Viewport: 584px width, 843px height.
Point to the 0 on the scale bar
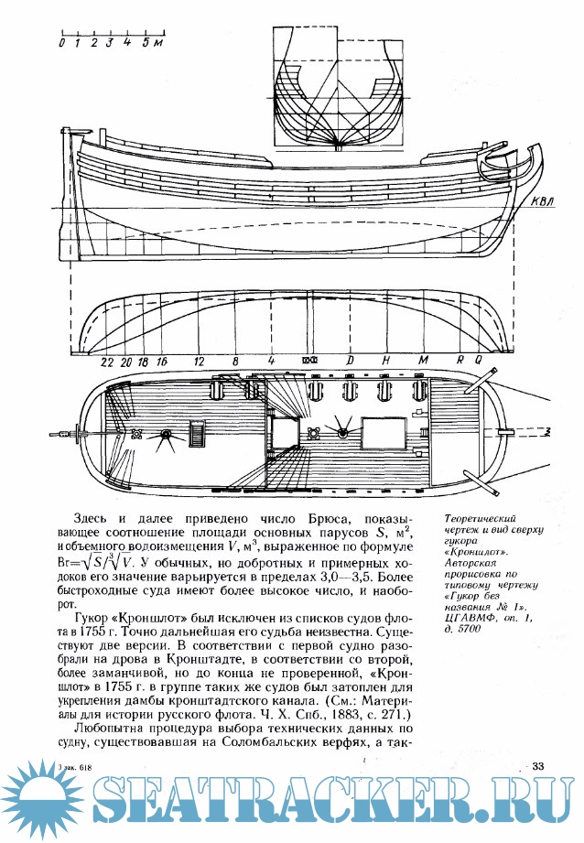coord(61,42)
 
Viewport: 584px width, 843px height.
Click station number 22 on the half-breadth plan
coord(107,361)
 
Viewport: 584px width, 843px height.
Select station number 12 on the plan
coord(199,361)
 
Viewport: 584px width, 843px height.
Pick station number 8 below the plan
coord(235,361)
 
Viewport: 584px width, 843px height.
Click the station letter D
coord(350,361)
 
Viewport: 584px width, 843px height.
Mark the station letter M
coord(422,361)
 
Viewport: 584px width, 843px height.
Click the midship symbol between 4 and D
coord(309,361)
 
